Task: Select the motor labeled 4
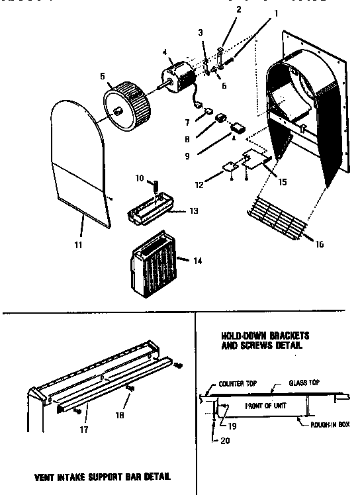click(x=177, y=75)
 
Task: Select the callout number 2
click(x=220, y=10)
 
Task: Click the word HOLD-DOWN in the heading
click(x=240, y=336)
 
